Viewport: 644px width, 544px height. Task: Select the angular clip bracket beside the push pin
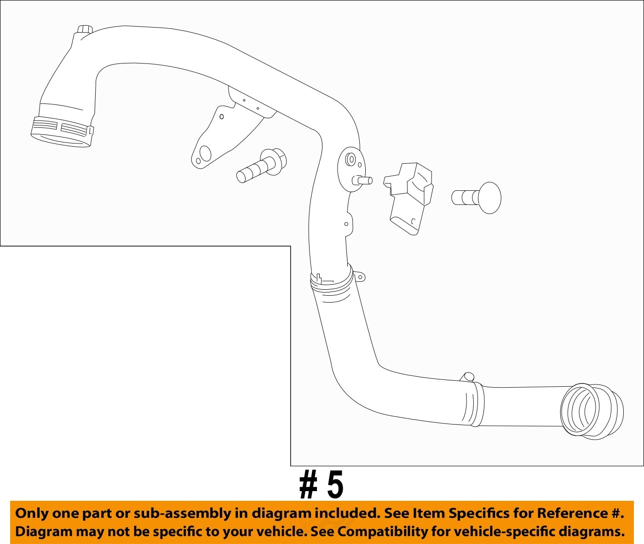pyautogui.click(x=408, y=197)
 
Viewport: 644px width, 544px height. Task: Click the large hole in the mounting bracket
pyautogui.click(x=206, y=154)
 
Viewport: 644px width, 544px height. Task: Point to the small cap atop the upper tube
pyautogui.click(x=84, y=31)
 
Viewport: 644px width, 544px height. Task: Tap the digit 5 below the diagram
pyautogui.click(x=335, y=485)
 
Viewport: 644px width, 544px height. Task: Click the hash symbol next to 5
pyautogui.click(x=308, y=486)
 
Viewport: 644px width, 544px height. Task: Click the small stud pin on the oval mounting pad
pyautogui.click(x=363, y=181)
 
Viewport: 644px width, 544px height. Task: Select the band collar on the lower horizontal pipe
pyautogui.click(x=477, y=405)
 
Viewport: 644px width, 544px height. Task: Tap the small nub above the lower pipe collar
pyautogui.click(x=468, y=377)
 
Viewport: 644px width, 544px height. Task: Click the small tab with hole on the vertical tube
pyautogui.click(x=347, y=224)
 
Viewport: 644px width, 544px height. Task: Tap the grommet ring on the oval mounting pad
pyautogui.click(x=351, y=160)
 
